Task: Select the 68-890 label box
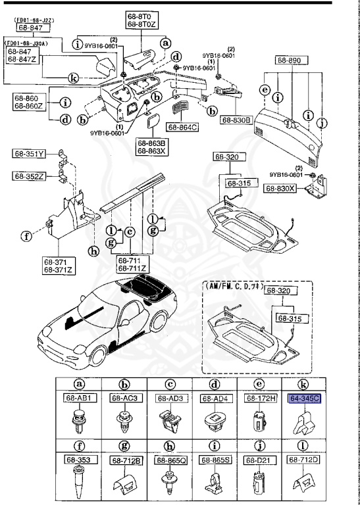pyautogui.click(x=288, y=59)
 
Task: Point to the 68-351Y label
pyautogui.click(x=28, y=155)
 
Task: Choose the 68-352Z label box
pyautogui.click(x=28, y=176)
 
